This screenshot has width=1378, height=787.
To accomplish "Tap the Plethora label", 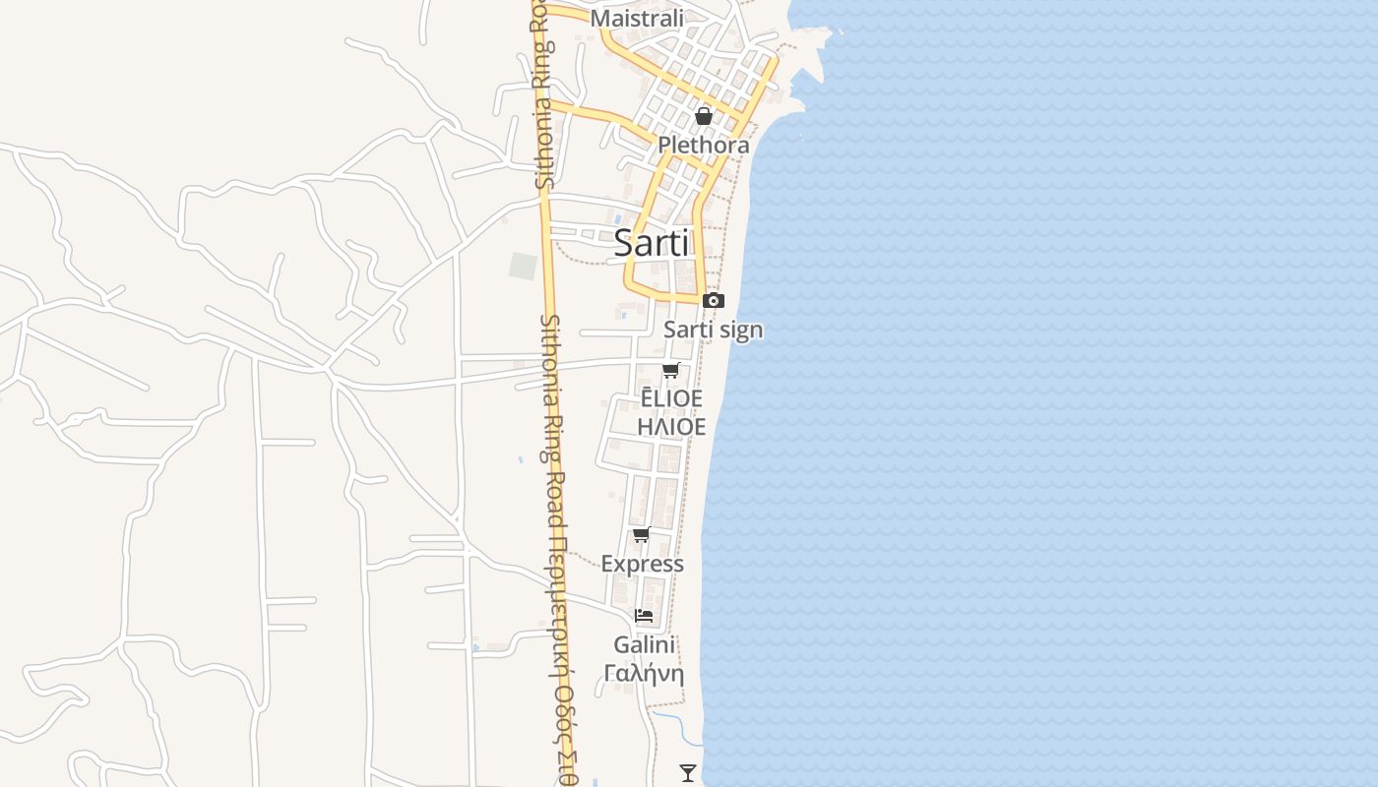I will [x=704, y=145].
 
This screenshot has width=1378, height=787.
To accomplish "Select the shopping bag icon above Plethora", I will [x=704, y=116].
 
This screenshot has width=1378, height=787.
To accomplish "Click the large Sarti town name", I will [x=652, y=243].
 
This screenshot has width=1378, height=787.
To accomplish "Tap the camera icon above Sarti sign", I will [x=714, y=300].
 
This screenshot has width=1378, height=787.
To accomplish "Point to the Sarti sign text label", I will [x=714, y=330].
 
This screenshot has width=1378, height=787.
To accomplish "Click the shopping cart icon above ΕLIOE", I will [x=671, y=370].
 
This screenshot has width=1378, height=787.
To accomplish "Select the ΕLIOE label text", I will [x=671, y=398].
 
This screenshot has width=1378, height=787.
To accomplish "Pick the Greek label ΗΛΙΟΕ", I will [x=671, y=427].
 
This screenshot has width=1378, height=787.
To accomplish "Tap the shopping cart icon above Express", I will [x=642, y=534].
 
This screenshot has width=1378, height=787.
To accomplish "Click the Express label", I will [x=642, y=564].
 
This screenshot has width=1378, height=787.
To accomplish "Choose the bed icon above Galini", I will [x=644, y=615].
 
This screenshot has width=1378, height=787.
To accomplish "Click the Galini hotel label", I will [x=644, y=645].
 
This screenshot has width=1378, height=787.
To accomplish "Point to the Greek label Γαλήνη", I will [x=644, y=674].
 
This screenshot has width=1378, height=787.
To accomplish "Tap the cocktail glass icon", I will [x=688, y=773].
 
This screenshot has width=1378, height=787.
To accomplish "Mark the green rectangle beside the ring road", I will [x=523, y=266].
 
